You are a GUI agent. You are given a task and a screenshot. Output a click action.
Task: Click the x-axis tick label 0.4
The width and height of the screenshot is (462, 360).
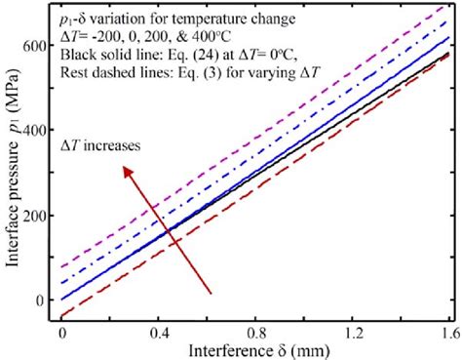coord(159,334)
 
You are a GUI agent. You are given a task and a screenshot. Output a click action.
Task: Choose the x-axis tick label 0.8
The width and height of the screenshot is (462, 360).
coord(255,334)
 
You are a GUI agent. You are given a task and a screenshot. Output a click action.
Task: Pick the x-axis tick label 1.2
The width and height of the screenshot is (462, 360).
coord(352,334)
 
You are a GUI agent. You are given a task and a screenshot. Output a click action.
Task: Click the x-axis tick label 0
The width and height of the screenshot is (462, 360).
coord(62,334)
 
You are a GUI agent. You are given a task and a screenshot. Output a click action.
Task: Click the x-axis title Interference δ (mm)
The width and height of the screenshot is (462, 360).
coord(255,350)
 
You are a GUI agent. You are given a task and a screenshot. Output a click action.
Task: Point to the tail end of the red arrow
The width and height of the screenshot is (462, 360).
coord(211,291)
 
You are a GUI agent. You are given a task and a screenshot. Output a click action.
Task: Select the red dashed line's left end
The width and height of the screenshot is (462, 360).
coord(63,316)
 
